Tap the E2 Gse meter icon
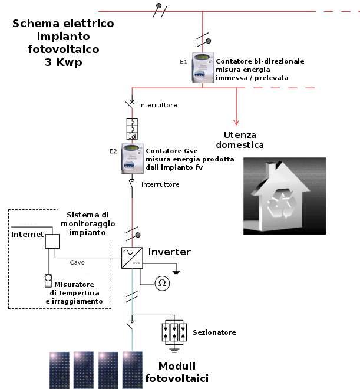[133, 157]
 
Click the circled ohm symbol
[161, 283]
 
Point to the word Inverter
[169, 252]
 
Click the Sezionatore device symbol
[174, 332]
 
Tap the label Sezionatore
[214, 332]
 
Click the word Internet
[28, 235]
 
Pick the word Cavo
[77, 262]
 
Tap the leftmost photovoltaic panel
[58, 370]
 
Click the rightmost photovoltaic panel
[133, 370]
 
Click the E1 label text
[183, 61]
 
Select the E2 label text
[114, 151]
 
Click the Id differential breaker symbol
[132, 130]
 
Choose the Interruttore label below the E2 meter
[160, 184]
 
